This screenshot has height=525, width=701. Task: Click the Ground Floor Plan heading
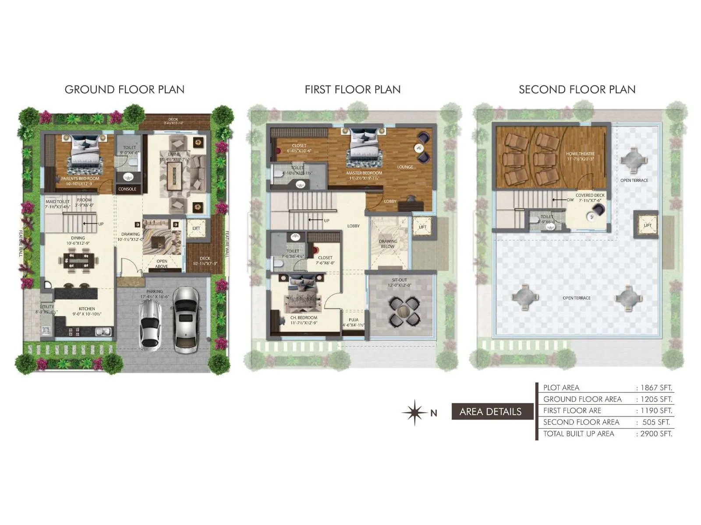[x=124, y=90]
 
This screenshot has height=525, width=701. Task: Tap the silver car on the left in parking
[x=150, y=324]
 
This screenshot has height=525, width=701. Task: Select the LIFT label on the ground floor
[x=196, y=228]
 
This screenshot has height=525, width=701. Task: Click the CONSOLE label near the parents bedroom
[x=127, y=189]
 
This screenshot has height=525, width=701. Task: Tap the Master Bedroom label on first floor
[x=364, y=173]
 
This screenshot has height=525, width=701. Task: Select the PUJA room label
[x=354, y=320]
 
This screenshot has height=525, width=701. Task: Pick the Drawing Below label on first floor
[x=388, y=244]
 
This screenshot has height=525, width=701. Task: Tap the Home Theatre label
[x=580, y=154]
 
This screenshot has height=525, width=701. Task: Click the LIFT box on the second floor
[x=647, y=225]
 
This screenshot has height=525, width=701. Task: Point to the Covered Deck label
[x=590, y=195]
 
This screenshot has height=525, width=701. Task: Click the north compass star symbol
[x=414, y=413]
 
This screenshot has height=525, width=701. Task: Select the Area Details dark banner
[x=491, y=412]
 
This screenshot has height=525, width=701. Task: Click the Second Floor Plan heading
[x=577, y=90]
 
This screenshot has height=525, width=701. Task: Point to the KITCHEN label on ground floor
[x=87, y=308]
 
